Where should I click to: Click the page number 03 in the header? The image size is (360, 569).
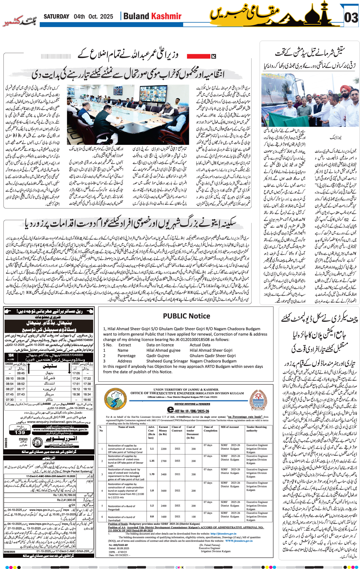(x=351, y=18)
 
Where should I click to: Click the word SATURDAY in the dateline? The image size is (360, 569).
(x=56, y=17)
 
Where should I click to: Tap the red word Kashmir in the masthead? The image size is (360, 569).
(x=166, y=16)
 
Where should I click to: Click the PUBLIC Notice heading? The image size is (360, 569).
(x=186, y=316)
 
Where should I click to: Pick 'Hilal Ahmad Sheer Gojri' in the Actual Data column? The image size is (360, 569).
(x=211, y=350)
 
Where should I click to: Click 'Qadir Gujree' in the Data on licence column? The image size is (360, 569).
(x=158, y=356)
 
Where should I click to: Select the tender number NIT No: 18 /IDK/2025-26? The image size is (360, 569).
(x=188, y=411)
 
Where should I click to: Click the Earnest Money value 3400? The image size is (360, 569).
(x=164, y=474)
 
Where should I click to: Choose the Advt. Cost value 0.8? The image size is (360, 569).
(x=152, y=516)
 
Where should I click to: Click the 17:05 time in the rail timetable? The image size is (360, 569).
(x=76, y=373)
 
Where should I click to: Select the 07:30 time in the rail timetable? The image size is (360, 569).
(x=10, y=400)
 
